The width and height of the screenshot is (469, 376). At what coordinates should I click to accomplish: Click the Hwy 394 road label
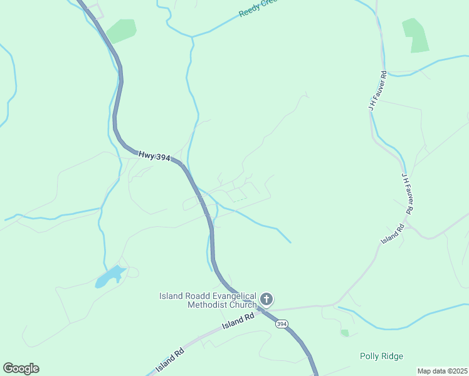coord(154,154)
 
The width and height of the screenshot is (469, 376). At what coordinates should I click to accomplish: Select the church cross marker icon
coord(266,299)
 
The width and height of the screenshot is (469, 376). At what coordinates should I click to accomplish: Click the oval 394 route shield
coord(282,323)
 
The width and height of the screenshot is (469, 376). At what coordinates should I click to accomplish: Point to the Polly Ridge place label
coord(381,356)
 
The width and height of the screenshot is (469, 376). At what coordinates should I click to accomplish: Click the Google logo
coord(21,368)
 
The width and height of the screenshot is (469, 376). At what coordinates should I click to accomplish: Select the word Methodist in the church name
coord(206,305)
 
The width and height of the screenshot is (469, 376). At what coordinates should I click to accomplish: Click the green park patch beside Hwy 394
coord(121,30)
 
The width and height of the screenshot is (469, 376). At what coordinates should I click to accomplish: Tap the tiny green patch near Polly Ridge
coord(345,333)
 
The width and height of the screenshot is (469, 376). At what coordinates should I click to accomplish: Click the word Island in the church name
coord(171,296)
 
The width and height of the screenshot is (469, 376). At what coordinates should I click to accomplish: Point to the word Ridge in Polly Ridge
coord(392,356)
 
